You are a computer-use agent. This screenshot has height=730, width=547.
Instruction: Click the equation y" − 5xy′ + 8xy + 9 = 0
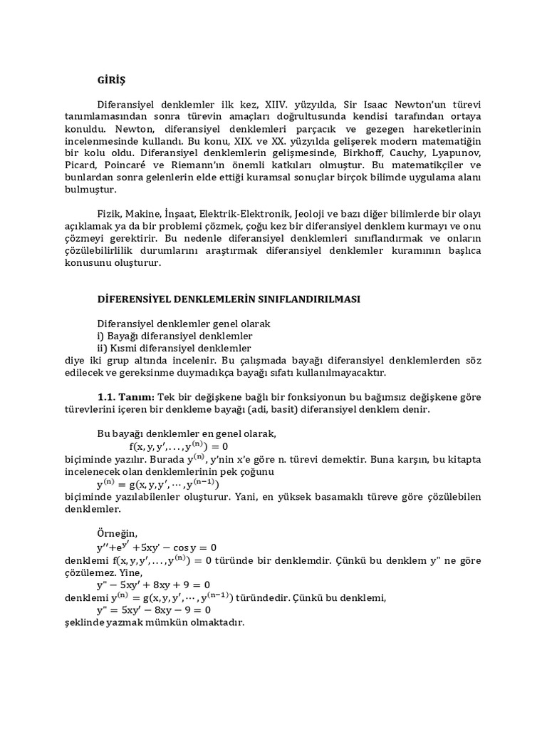pyautogui.click(x=153, y=585)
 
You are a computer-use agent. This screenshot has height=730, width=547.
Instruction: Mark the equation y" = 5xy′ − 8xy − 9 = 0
pyautogui.click(x=154, y=610)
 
